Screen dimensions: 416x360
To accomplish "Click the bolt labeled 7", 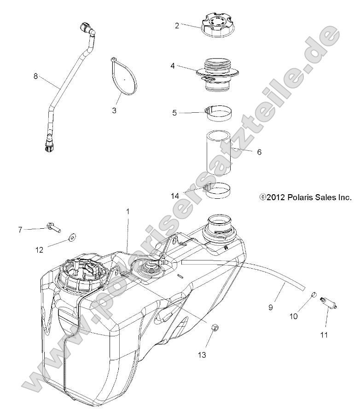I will coord(53,227).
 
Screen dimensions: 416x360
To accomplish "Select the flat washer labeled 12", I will coord(73,237).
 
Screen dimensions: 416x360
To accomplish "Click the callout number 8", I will coord(35,76).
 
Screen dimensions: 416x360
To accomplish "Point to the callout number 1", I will coord(128,212).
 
